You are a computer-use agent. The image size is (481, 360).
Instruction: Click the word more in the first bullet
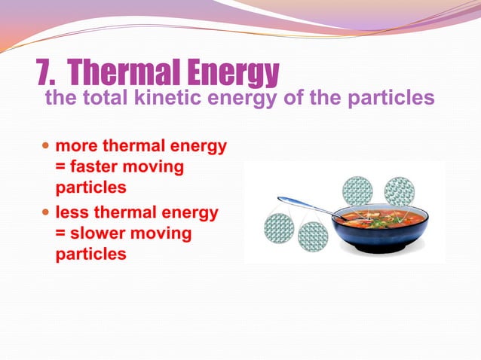pos(75,145)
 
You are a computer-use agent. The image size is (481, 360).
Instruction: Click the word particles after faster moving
pos(90,185)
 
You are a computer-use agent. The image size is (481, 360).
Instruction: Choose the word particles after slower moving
pos(90,254)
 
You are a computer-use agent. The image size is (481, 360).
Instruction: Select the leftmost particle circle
pos(279,228)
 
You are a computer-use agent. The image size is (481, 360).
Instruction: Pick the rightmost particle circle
pos(400,191)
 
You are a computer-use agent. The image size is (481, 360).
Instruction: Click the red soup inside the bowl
pos(381,216)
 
